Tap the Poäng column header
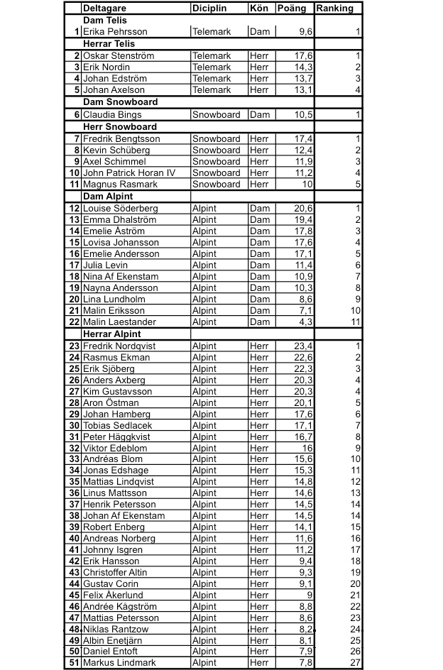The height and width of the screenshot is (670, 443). pos(291,9)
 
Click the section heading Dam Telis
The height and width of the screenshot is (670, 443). pos(104,21)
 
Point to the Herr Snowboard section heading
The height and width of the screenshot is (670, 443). pos(120,126)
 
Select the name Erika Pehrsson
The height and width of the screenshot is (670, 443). pos(115,32)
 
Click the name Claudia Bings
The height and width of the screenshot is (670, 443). pos(112,114)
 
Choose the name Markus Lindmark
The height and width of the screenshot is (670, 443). pos(119,662)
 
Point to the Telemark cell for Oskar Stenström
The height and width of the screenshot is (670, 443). pos(212,56)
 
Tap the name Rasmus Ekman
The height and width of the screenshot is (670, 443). pos(116,358)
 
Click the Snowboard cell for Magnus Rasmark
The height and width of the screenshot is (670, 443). pos(216,185)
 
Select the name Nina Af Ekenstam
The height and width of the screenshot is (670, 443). pos(121,277)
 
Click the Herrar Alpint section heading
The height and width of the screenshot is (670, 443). pos(112,334)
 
